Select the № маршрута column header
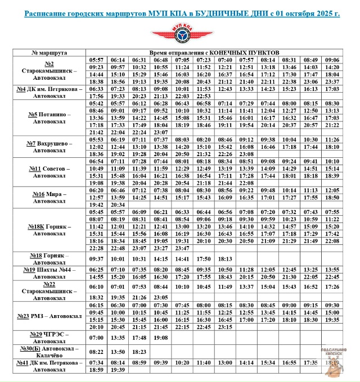(x=49, y=52)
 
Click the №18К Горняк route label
(x=49, y=230)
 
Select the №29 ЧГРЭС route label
(x=49, y=338)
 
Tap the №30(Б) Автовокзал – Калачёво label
(x=49, y=352)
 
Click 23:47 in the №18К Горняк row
(x=182, y=248)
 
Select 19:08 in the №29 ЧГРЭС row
(x=160, y=338)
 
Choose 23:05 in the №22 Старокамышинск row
(x=160, y=297)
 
